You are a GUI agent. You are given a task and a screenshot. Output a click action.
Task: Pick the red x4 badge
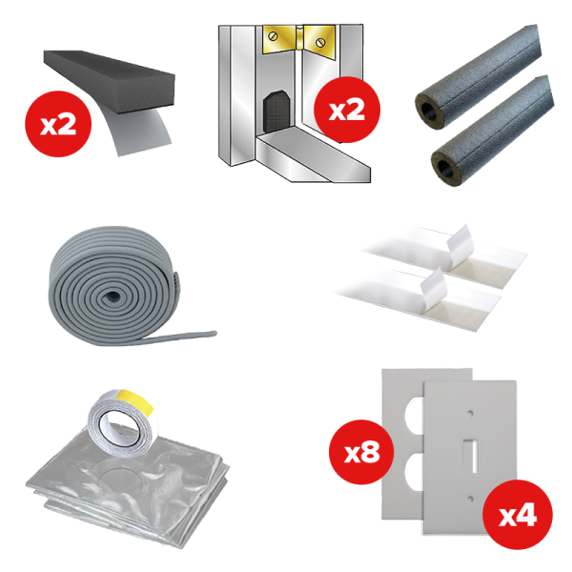coord(515,515)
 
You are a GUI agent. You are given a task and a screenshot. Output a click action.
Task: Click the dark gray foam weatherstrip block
coord(105,77)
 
